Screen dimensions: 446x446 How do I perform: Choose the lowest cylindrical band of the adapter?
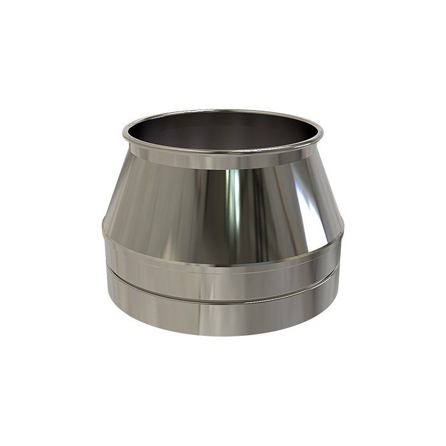pos(223,315)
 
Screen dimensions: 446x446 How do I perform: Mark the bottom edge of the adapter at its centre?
pos(223,335)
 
